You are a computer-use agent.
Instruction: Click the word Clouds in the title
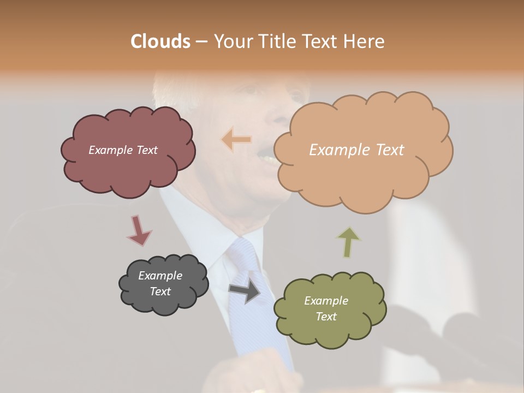click(x=160, y=41)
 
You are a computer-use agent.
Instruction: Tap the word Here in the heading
click(x=364, y=41)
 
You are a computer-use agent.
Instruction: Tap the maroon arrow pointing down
click(x=139, y=230)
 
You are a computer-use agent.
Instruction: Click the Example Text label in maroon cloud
click(x=123, y=150)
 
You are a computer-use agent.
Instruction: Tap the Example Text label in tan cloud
click(x=356, y=150)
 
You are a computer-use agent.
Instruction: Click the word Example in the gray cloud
click(x=160, y=276)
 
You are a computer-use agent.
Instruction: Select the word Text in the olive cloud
click(x=326, y=317)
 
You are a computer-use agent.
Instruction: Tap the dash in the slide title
click(x=201, y=42)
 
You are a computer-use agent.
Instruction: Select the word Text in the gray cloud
click(x=160, y=291)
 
